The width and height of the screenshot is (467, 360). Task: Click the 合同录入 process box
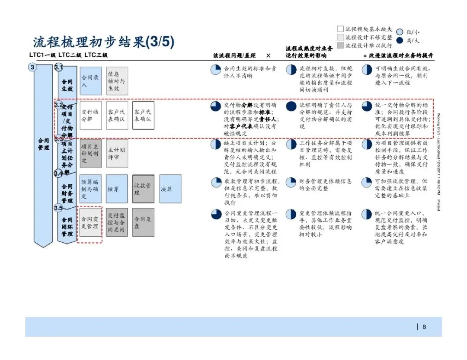coord(91,81)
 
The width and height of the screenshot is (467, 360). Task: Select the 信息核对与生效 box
coord(117,81)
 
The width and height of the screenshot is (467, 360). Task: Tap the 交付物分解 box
coord(91,116)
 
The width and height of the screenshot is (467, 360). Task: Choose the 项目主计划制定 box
coord(91,153)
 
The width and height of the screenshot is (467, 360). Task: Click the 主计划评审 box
coord(117,153)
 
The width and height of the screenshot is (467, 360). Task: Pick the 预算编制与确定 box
coord(91,189)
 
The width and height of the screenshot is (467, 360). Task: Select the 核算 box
coord(117,189)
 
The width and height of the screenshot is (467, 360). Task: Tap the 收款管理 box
coord(143,189)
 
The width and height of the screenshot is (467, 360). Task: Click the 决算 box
coord(170,189)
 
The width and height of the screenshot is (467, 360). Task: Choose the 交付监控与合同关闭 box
coord(117,222)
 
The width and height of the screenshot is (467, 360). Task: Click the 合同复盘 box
coord(143,222)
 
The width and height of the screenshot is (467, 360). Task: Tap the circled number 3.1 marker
coord(59,67)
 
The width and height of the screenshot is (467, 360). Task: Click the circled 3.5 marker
coord(59,209)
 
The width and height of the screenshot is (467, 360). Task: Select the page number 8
coord(424,327)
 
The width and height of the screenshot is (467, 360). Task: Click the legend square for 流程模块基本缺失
coord(340,29)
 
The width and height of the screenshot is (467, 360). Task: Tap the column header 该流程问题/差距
coord(234,56)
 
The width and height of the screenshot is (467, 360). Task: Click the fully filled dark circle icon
coord(291,107)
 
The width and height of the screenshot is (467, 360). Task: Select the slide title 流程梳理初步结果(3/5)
coord(103,42)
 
